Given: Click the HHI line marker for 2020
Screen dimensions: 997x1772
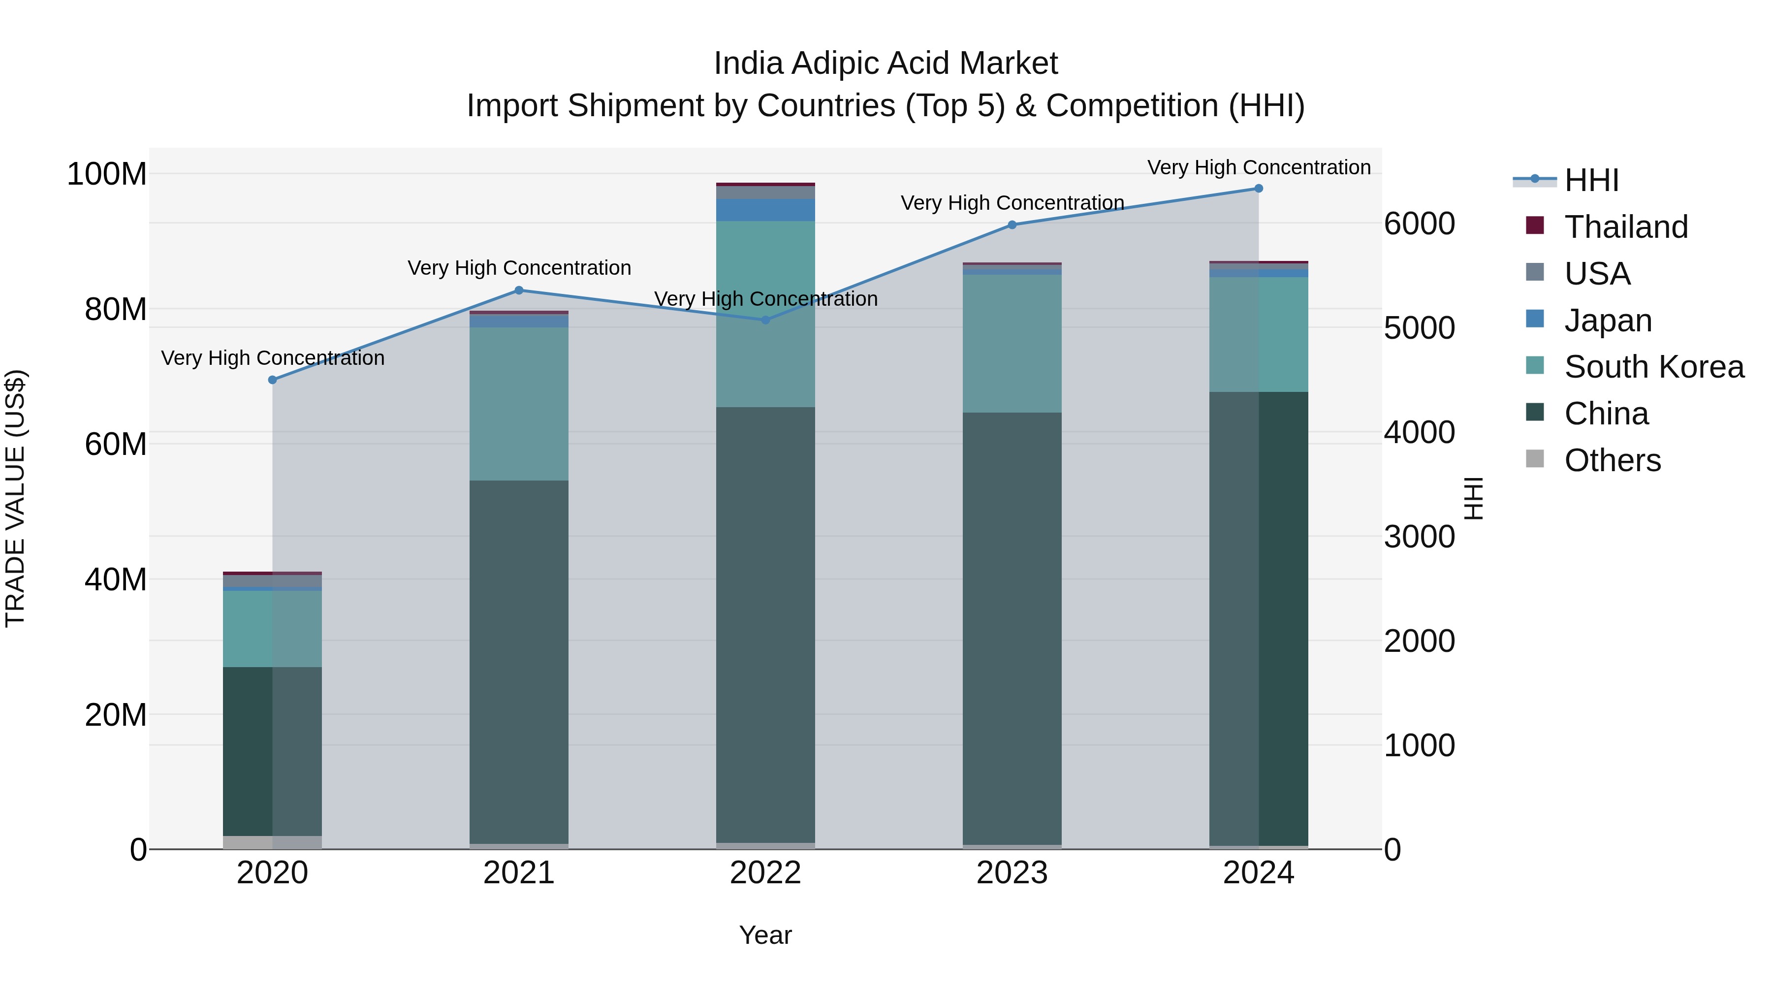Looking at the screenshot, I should coord(272,380).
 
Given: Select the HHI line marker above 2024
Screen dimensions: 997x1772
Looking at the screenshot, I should coord(1259,189).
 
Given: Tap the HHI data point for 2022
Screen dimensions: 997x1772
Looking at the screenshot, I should coord(765,320).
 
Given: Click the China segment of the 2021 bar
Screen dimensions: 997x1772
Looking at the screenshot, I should coord(519,661).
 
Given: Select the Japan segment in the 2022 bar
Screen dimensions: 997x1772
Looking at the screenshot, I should coord(765,210).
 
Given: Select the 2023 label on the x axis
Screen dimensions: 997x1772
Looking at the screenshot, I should coord(1012,873).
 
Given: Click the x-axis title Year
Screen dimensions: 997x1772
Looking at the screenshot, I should coord(765,935).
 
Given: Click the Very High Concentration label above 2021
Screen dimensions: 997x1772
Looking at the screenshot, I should coord(519,268).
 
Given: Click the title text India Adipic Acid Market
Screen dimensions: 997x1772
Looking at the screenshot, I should coord(886,64).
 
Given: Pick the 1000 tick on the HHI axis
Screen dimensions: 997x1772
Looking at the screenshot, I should coord(1419,745).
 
